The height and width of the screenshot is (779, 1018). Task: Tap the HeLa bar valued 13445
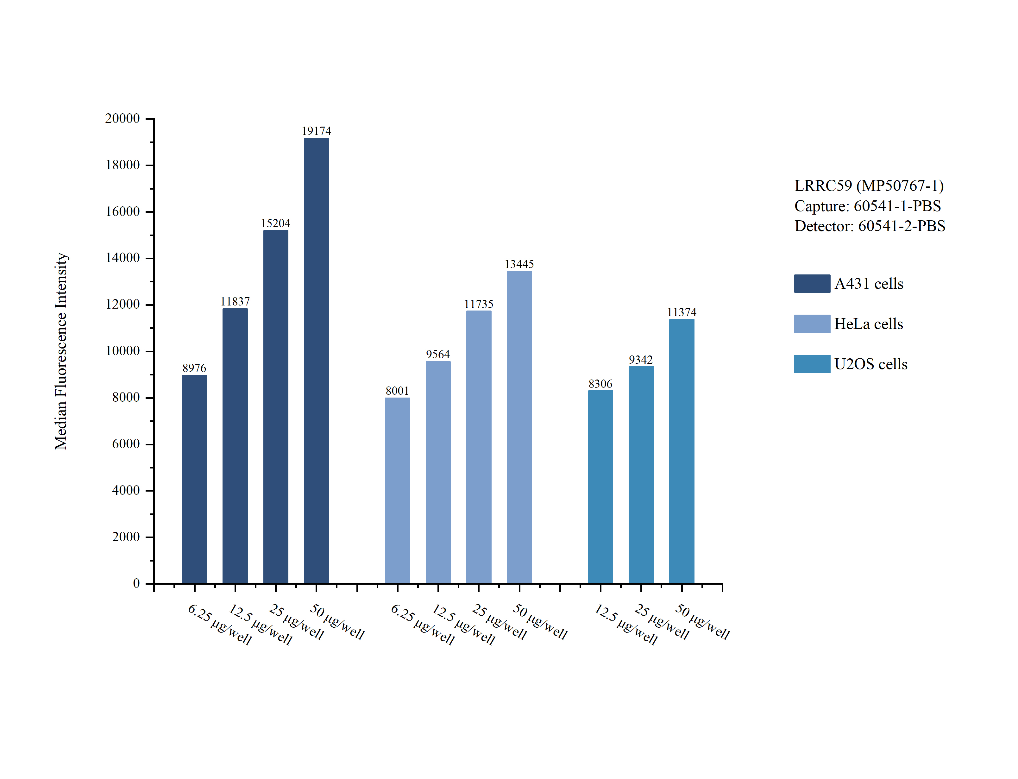[519, 427]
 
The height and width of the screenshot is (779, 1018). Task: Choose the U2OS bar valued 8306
[600, 487]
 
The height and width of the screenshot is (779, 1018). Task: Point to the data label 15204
[275, 223]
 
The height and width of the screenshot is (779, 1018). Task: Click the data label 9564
[437, 355]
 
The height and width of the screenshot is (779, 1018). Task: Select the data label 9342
[641, 360]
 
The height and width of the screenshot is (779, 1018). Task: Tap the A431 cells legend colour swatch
[812, 283]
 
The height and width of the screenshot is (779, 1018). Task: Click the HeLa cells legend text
[868, 324]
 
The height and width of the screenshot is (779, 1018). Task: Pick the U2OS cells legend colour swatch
[812, 364]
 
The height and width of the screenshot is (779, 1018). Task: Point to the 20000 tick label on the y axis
[123, 119]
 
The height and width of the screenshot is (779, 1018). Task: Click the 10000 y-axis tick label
[123, 351]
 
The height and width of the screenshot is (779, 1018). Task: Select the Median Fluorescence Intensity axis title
[61, 351]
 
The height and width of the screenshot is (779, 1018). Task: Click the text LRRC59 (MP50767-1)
[869, 186]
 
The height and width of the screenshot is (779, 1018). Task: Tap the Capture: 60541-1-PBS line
[867, 206]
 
